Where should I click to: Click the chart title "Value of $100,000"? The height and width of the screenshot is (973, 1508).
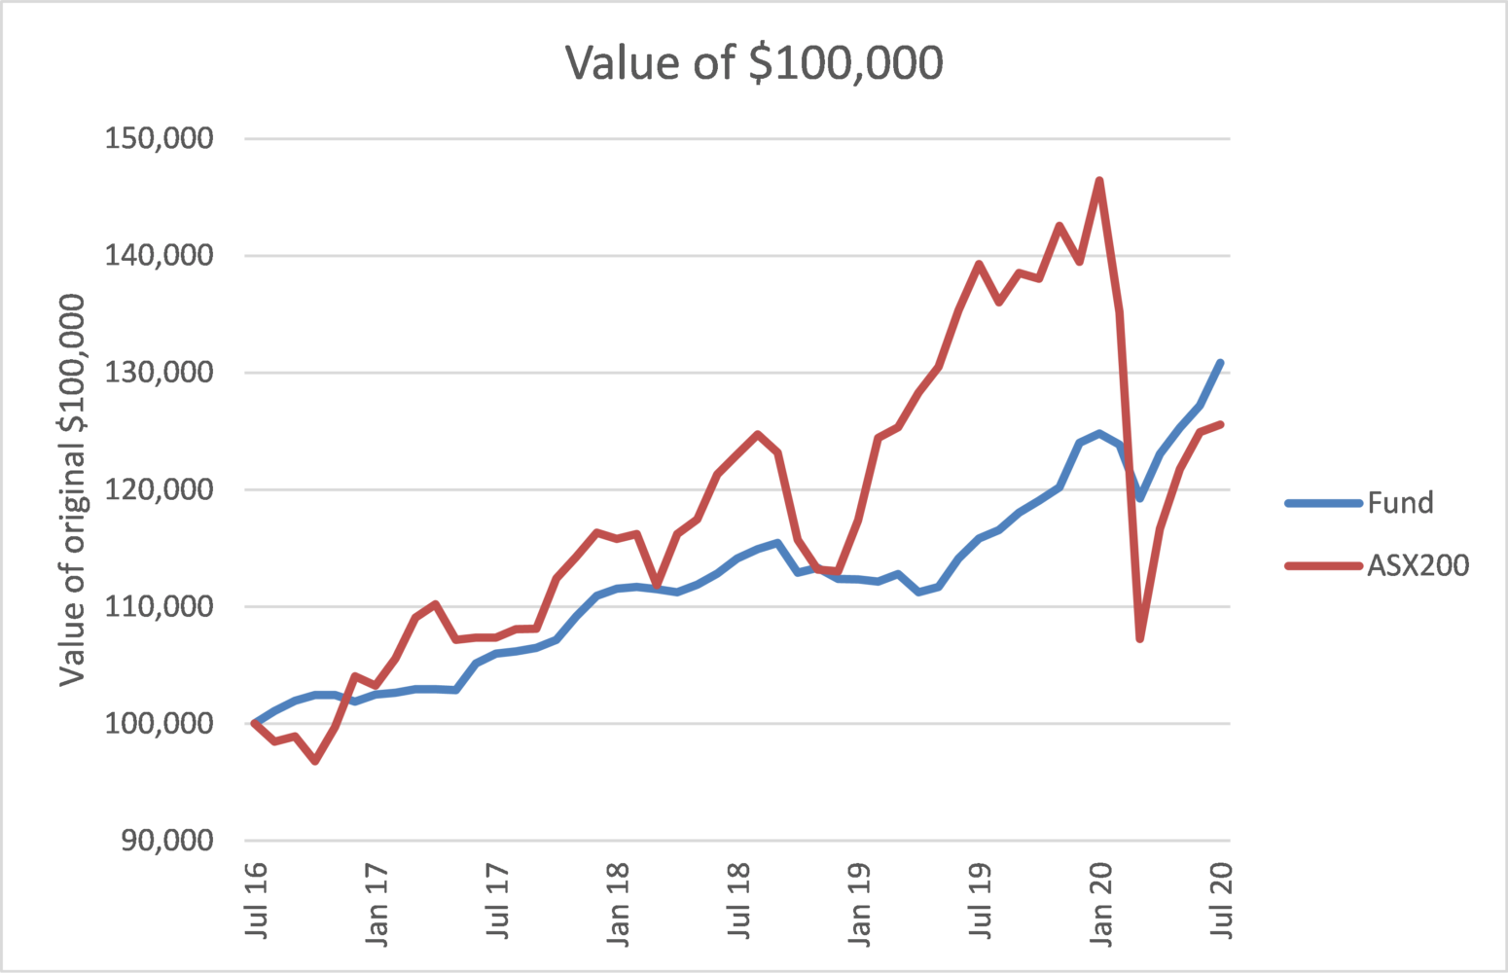[754, 63]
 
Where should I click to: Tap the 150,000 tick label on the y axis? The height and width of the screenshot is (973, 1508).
[159, 138]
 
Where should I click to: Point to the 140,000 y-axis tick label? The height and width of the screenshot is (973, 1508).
[159, 255]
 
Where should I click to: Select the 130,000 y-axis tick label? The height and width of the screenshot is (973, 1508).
[159, 372]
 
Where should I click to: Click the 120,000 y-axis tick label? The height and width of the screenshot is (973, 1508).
[159, 489]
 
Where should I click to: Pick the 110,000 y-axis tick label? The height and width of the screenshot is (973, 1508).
[159, 606]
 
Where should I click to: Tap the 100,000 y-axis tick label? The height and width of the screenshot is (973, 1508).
[159, 723]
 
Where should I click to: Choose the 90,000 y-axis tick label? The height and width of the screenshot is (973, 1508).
[166, 840]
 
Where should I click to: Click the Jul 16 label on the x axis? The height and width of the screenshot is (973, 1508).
[256, 900]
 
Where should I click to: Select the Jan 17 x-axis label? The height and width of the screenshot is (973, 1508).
[377, 904]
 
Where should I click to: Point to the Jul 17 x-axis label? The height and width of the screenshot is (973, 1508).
[497, 900]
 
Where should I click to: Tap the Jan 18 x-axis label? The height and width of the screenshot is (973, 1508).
[618, 904]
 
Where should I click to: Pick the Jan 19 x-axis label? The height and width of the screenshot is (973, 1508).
[859, 904]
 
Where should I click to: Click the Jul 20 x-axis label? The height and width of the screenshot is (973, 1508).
[1221, 900]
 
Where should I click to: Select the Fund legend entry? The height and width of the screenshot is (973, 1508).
[1399, 503]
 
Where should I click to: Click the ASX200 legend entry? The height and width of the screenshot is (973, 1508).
[1417, 565]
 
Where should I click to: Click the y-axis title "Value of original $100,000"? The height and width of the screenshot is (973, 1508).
[72, 489]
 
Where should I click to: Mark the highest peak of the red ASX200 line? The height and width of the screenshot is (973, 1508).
[1099, 181]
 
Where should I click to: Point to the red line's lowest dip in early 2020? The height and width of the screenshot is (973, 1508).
[1139, 638]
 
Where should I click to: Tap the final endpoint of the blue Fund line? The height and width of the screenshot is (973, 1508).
[1220, 363]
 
